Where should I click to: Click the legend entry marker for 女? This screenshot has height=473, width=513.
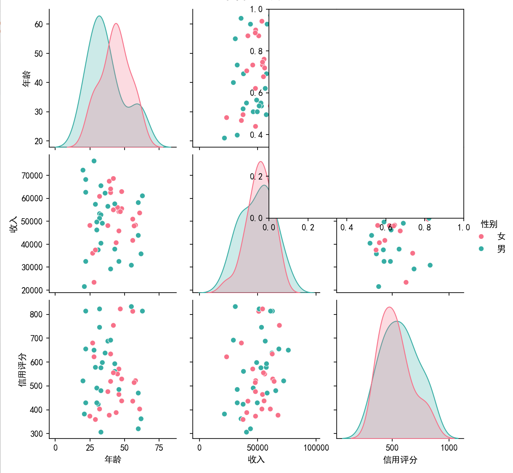pyautogui.click(x=481, y=236)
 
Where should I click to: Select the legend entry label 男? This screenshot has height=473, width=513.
pyautogui.click(x=501, y=249)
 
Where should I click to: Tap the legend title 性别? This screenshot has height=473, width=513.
pyautogui.click(x=489, y=224)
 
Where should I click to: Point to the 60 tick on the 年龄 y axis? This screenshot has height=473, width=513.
pyautogui.click(x=39, y=24)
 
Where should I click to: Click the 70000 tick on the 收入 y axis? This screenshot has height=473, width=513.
pyautogui.click(x=32, y=175)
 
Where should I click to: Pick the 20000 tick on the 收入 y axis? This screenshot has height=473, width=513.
pyautogui.click(x=32, y=290)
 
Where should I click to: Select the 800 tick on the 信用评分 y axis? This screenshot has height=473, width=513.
pyautogui.click(x=36, y=314)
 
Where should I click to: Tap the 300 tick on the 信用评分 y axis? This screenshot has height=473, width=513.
pyautogui.click(x=36, y=433)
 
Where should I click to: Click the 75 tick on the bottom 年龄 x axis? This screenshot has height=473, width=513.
pyautogui.click(x=159, y=448)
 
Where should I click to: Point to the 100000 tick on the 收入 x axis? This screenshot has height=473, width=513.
pyautogui.click(x=316, y=448)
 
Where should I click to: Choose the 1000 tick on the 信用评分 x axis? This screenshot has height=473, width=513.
pyautogui.click(x=449, y=448)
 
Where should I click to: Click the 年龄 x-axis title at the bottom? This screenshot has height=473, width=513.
pyautogui.click(x=113, y=460)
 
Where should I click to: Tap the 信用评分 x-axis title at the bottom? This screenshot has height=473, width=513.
pyautogui.click(x=400, y=460)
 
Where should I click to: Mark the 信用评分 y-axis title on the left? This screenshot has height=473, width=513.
pyautogui.click(x=23, y=370)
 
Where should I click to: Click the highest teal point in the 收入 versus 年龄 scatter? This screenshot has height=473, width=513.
pyautogui.click(x=94, y=161)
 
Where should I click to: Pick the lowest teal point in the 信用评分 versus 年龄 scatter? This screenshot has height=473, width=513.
pyautogui.click(x=101, y=432)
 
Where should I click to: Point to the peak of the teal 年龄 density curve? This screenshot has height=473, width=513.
pyautogui.click(x=99, y=16)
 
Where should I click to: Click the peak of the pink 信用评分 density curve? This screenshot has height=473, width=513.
pyautogui.click(x=389, y=307)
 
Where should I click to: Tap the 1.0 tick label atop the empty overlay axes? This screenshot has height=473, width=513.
pyautogui.click(x=256, y=9)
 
